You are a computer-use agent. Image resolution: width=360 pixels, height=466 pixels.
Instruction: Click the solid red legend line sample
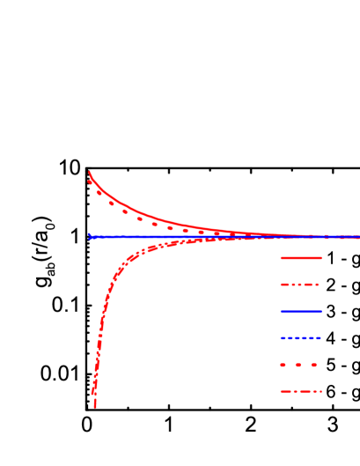pos(301,258)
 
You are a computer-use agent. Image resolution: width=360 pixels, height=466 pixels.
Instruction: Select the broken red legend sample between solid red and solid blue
pos(299,285)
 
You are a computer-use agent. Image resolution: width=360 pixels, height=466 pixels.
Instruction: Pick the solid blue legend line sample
pos(301,311)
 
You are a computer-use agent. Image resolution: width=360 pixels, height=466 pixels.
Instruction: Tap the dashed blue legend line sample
pos(301,337)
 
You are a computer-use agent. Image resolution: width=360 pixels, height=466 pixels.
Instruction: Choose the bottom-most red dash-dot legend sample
pos(301,391)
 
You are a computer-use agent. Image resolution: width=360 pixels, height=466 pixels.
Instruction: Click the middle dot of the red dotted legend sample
pos(298,365)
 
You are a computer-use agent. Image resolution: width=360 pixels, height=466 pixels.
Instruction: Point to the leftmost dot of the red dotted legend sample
pos(283,365)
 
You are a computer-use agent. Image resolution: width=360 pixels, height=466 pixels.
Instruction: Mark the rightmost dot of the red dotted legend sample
pos(313,365)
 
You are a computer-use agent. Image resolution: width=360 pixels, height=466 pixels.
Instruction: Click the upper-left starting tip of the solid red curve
pos(89,172)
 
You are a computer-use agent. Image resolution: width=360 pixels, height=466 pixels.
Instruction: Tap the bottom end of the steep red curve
pos(94,407)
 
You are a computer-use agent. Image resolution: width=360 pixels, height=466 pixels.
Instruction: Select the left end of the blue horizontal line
pos(90,236)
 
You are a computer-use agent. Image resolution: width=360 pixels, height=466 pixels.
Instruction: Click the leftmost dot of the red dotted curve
pos(90,181)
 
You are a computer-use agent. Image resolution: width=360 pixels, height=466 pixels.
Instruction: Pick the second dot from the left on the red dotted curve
pos(99,192)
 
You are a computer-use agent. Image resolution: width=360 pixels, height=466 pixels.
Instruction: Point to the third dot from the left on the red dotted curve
pos(112,203)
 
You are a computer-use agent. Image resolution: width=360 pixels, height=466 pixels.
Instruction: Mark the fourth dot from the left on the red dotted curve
pos(125,211)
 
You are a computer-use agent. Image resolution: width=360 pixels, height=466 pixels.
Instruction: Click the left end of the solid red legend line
pos(281,258)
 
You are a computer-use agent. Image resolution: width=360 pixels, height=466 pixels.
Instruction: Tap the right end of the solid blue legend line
pos(321,311)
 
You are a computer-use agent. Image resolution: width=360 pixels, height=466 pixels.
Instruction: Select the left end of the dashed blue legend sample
pos(281,337)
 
